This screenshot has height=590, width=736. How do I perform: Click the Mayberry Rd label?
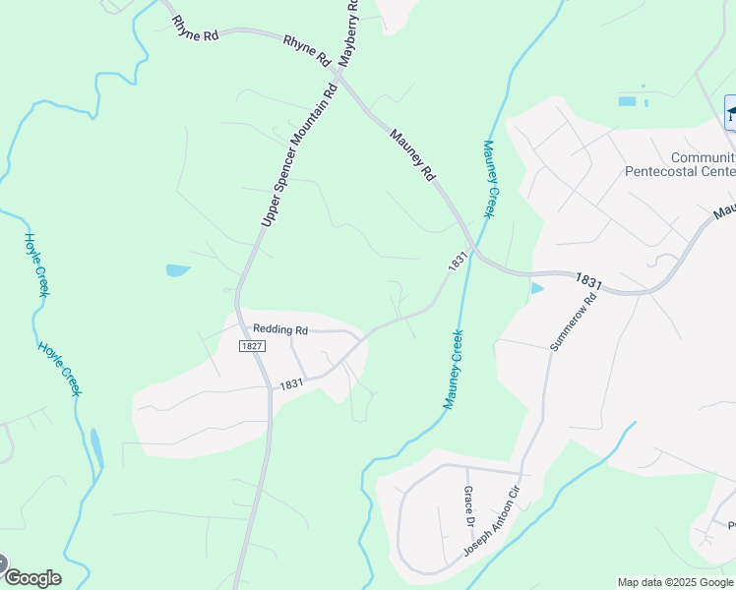[348, 33]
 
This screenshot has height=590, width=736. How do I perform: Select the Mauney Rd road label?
[412, 154]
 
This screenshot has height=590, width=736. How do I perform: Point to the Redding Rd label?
[280, 330]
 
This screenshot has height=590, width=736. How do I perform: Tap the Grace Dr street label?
[468, 502]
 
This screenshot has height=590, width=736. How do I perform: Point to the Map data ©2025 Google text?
[675, 582]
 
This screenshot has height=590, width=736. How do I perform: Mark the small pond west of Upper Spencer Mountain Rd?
[177, 270]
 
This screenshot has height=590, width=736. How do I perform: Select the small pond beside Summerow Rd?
[536, 288]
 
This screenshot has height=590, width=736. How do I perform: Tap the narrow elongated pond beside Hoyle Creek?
[96, 448]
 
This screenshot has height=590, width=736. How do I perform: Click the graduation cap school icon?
[730, 111]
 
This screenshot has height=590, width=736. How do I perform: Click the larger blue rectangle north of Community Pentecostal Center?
[627, 101]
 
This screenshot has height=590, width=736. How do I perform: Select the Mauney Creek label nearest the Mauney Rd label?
[489, 179]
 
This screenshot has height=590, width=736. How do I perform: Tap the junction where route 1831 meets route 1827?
[271, 387]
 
